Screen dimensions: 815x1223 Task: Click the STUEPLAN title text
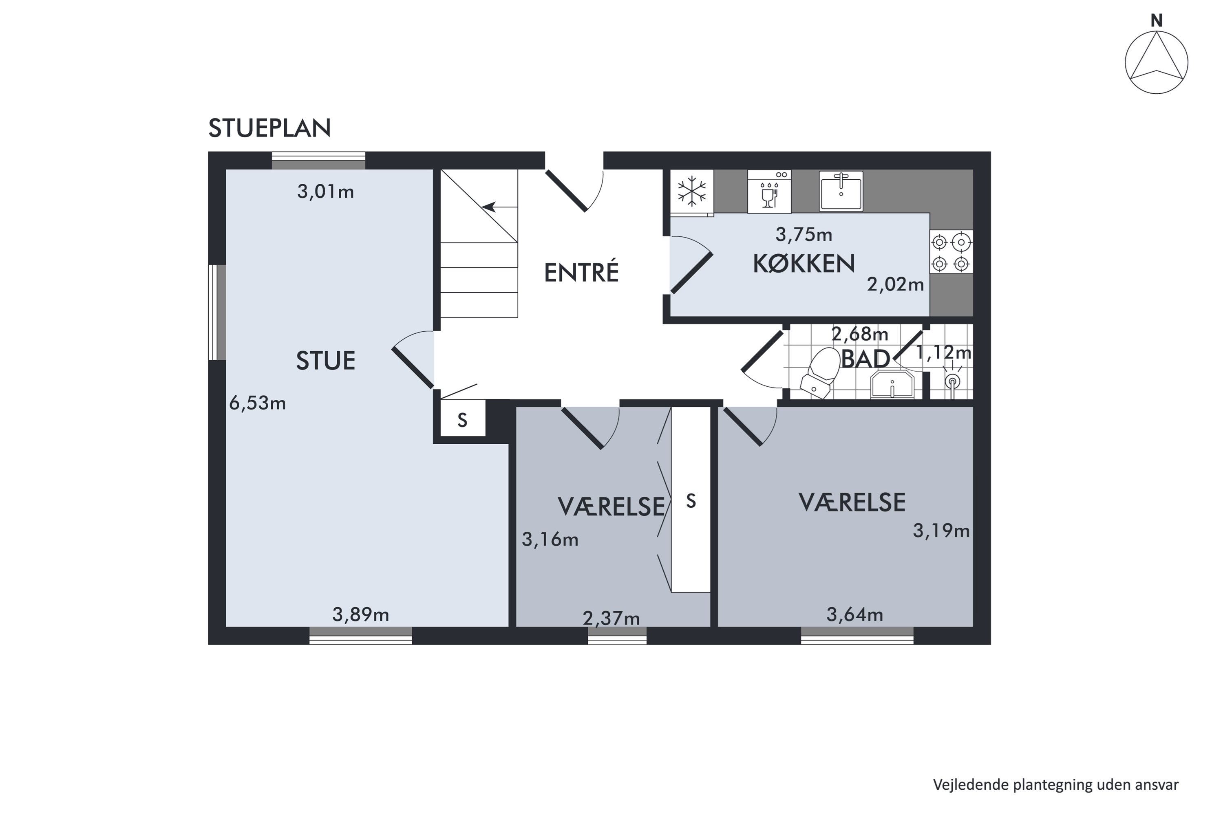click(269, 128)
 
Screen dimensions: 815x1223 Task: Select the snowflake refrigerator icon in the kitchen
click(691, 191)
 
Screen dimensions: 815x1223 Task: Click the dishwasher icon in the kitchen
click(769, 191)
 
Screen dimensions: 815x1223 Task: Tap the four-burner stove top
click(951, 253)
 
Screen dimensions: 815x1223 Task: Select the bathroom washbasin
click(892, 385)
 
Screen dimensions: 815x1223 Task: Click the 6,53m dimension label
click(257, 403)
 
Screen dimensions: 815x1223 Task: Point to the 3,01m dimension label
click(325, 192)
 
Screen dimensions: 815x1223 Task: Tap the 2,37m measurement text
click(611, 619)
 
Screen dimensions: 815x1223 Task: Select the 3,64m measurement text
click(855, 615)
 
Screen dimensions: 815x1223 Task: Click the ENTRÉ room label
click(581, 272)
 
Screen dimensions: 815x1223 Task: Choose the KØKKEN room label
click(804, 264)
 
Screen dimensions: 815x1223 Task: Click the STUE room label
click(325, 361)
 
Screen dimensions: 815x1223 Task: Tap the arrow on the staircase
click(494, 207)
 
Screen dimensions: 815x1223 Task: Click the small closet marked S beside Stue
click(463, 419)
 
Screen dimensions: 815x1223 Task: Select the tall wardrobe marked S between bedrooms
click(691, 500)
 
